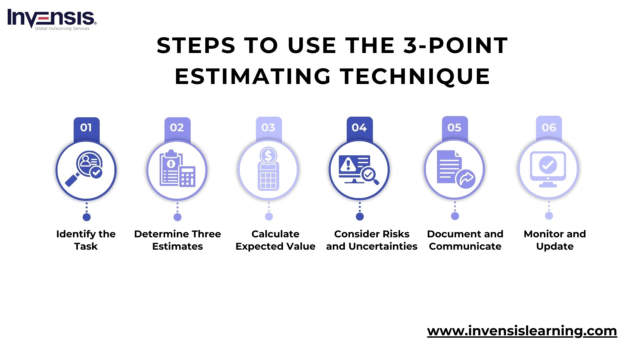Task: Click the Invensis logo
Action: click(x=52, y=19)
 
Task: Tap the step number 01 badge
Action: click(x=86, y=128)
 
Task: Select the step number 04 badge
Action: click(x=359, y=128)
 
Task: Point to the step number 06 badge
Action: click(x=549, y=128)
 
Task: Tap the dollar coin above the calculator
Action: click(x=268, y=155)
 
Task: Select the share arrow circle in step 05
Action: click(x=466, y=179)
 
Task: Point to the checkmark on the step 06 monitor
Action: click(x=548, y=165)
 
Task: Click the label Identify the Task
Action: click(x=86, y=240)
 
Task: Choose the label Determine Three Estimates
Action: click(x=177, y=240)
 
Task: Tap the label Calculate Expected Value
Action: click(x=275, y=240)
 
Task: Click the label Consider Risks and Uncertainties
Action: click(x=372, y=240)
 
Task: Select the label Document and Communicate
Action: click(x=465, y=240)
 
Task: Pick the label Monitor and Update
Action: click(x=555, y=240)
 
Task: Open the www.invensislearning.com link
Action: click(x=522, y=331)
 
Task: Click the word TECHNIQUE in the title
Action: click(x=415, y=76)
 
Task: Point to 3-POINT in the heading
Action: click(x=456, y=45)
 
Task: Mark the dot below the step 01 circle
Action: click(x=87, y=217)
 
